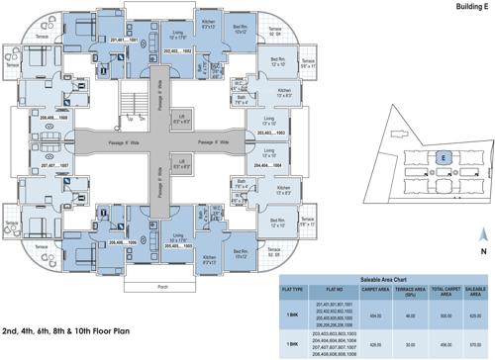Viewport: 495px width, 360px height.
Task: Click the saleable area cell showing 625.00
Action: pyautogui.click(x=473, y=286)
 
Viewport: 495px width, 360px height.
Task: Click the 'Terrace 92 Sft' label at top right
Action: pyautogui.click(x=274, y=33)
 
